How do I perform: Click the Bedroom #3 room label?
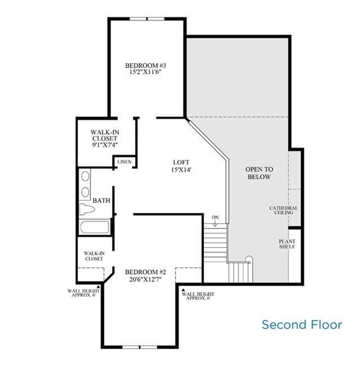click(x=145, y=65)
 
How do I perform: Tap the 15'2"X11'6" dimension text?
click(x=145, y=72)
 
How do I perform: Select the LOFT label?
click(x=181, y=162)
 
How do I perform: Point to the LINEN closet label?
click(x=125, y=162)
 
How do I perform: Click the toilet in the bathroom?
click(x=87, y=210)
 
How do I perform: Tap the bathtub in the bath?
click(x=95, y=227)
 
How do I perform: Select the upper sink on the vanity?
click(x=85, y=176)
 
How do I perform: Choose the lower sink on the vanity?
click(x=85, y=192)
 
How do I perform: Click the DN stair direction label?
click(x=215, y=217)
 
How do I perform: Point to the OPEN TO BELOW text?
click(x=259, y=173)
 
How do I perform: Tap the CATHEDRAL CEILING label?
click(x=283, y=210)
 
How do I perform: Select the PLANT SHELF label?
click(x=287, y=244)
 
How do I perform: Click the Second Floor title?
click(x=302, y=324)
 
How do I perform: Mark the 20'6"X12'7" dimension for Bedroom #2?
click(x=145, y=279)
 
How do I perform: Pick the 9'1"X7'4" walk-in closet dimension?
click(x=105, y=145)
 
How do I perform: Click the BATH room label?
click(x=101, y=201)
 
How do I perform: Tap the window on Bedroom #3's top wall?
click(x=147, y=19)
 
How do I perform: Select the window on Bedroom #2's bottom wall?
click(x=140, y=347)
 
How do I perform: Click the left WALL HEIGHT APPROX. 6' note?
click(x=83, y=293)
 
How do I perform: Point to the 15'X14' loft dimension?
click(x=181, y=170)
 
